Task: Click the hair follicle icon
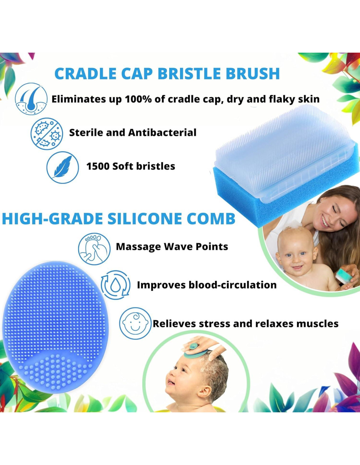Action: click(31, 99)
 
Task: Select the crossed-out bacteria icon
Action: click(47, 132)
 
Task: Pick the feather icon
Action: click(63, 167)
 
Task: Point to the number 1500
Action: click(98, 166)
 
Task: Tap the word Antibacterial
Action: click(162, 133)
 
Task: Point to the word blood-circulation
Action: click(232, 285)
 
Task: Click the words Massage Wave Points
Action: click(172, 247)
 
